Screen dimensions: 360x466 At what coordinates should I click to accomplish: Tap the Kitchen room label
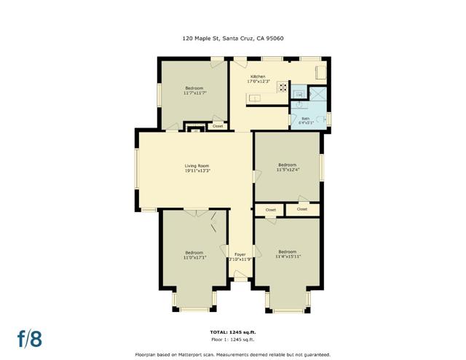click(x=258, y=77)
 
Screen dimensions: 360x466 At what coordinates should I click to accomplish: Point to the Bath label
click(x=305, y=118)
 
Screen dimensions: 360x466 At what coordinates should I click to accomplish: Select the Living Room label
click(x=197, y=166)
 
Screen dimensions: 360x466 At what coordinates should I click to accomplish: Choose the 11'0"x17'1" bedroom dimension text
click(x=194, y=257)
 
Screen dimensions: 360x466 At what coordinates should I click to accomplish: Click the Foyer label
click(x=240, y=254)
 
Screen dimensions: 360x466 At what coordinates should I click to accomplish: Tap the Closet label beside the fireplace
click(x=217, y=126)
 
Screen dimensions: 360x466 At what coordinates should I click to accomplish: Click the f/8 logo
click(x=30, y=338)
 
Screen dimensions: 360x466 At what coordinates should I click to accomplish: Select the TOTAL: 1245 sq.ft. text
click(x=233, y=332)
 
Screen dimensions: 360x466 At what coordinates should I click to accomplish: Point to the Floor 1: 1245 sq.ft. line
click(x=233, y=340)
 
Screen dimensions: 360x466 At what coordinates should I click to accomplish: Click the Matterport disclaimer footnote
click(x=233, y=353)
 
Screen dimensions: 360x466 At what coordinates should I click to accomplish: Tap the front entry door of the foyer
click(x=240, y=277)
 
